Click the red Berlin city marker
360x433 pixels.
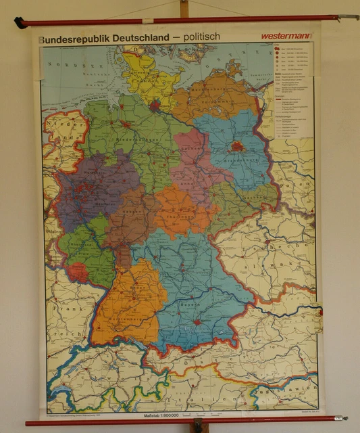(x=236, y=145)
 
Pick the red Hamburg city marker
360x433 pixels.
(x=155, y=105)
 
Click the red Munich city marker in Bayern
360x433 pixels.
(x=197, y=322)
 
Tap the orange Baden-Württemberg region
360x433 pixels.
(x=132, y=304)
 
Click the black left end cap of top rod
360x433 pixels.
(x=20, y=23)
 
